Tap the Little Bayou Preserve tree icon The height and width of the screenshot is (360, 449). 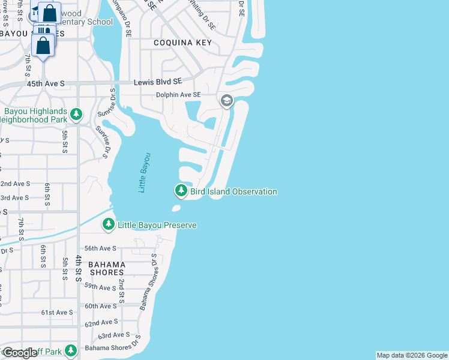pyautogui.click(x=109, y=225)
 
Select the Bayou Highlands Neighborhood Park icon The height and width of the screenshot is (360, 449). pyautogui.click(x=76, y=113)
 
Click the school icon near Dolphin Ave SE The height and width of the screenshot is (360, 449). pyautogui.click(x=227, y=100)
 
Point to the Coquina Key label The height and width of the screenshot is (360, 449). pyautogui.click(x=182, y=43)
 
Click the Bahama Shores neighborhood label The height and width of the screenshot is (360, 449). pyautogui.click(x=107, y=268)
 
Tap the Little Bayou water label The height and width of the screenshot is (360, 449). pyautogui.click(x=144, y=173)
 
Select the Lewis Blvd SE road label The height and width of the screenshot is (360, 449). pyautogui.click(x=157, y=82)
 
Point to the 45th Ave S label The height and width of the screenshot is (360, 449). pyautogui.click(x=45, y=84)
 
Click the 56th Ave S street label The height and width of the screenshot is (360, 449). pyautogui.click(x=100, y=248)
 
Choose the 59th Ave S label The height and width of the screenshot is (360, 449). pyautogui.click(x=100, y=288)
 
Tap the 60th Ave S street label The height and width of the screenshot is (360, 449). pyautogui.click(x=100, y=306)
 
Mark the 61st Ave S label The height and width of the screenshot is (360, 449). pyautogui.click(x=57, y=313)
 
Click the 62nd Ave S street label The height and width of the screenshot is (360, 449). pyautogui.click(x=101, y=323)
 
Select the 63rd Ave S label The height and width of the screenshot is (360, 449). pyautogui.click(x=114, y=335)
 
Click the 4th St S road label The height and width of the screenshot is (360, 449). pyautogui.click(x=79, y=268)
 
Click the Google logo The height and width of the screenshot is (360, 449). pyautogui.click(x=20, y=353)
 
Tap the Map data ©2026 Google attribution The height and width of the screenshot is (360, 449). pyautogui.click(x=412, y=355)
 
